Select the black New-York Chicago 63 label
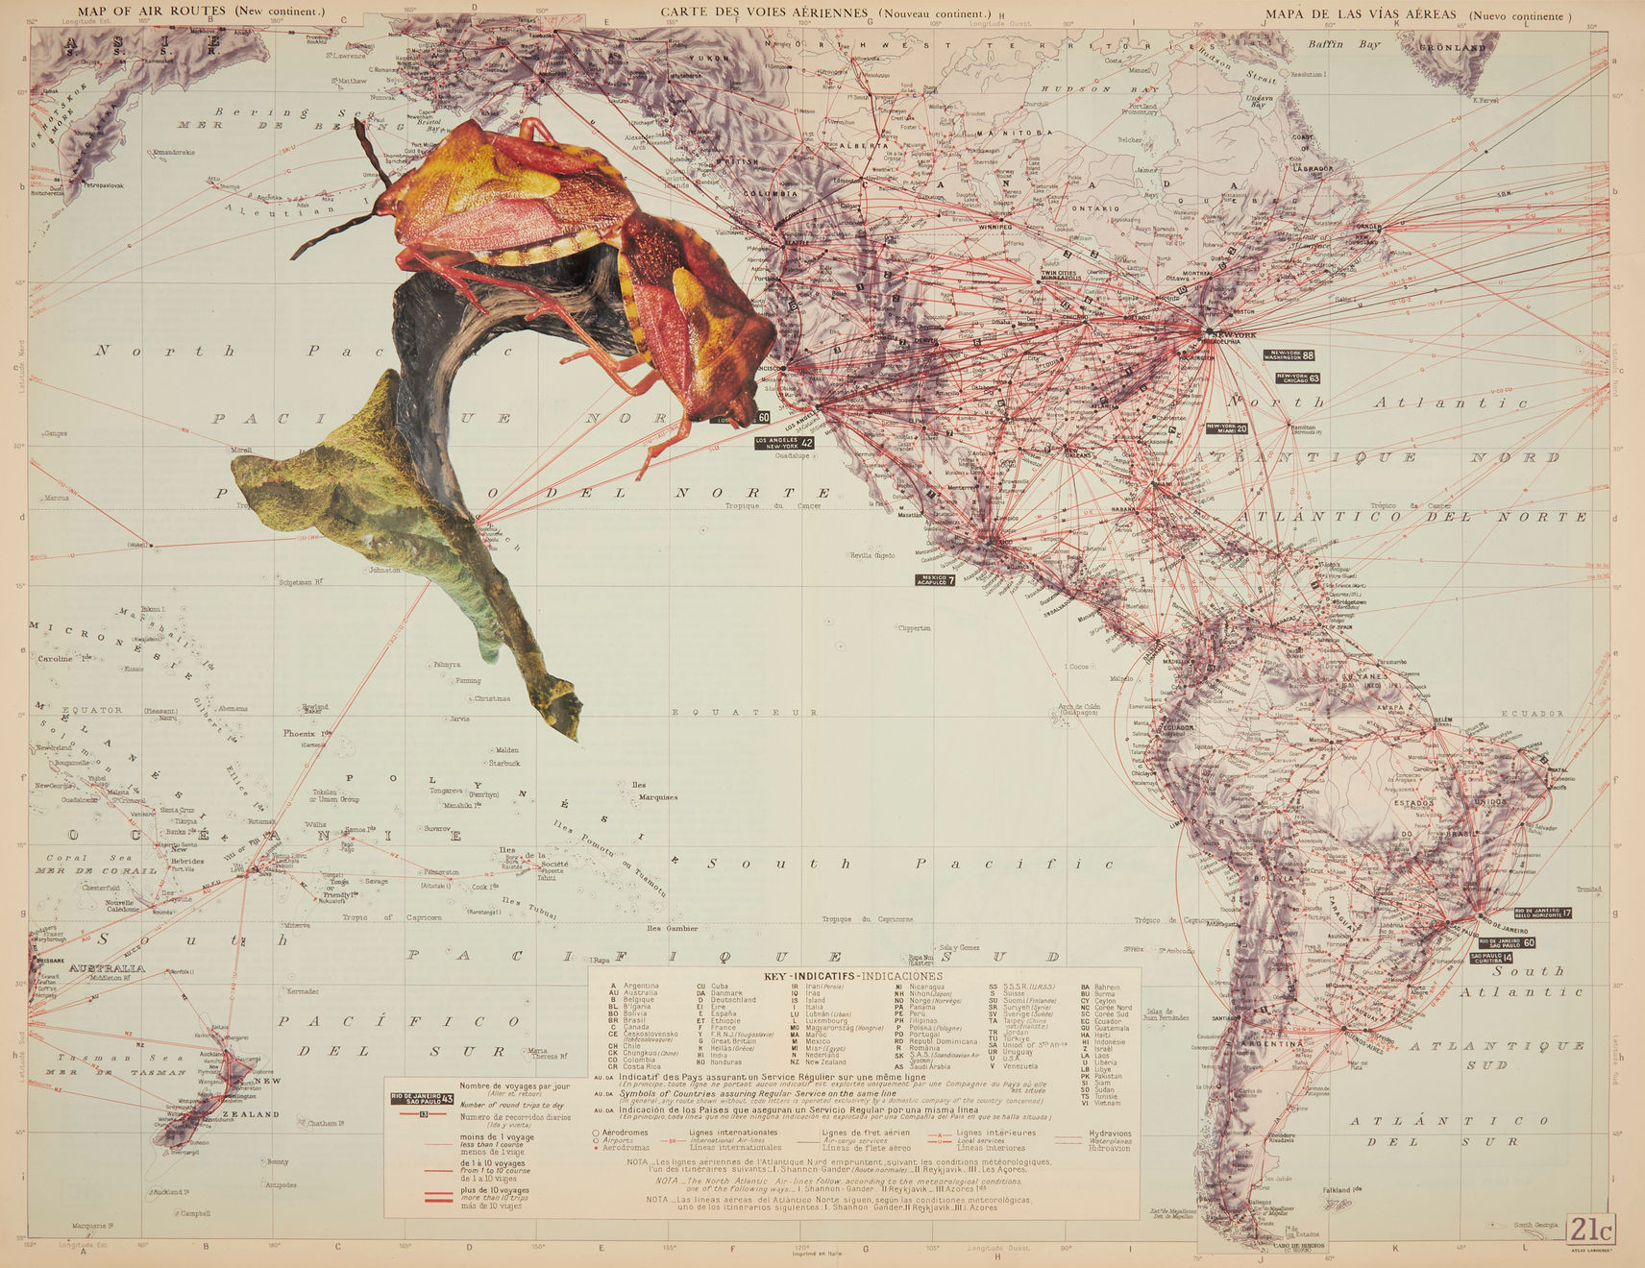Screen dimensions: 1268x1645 [x=1295, y=378]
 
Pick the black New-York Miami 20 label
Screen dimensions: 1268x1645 [x=1227, y=428]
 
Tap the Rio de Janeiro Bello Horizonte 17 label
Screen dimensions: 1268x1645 [x=1542, y=913]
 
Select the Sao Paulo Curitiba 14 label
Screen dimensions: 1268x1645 [x=1490, y=958]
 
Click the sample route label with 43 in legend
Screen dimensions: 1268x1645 [x=422, y=1099]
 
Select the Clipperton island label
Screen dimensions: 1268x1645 [x=914, y=628]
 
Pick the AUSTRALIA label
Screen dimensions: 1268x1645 [x=108, y=967]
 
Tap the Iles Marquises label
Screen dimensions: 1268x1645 [x=652, y=791]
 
